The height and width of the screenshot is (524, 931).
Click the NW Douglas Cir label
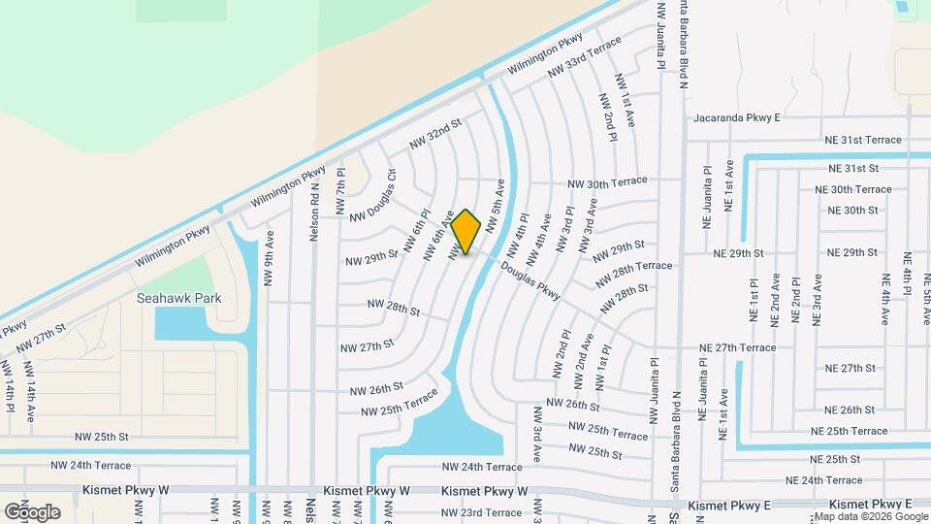tap(372, 194)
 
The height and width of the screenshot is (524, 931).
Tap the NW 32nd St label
tap(435, 134)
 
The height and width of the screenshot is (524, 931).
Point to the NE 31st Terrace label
tap(862, 140)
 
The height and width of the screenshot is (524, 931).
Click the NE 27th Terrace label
tap(738, 347)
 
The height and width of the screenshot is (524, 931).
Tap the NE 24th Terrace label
tap(823, 480)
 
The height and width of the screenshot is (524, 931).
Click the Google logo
tap(32, 511)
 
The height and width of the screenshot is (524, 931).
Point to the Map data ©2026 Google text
tap(869, 516)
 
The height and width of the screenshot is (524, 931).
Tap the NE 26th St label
tap(849, 409)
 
